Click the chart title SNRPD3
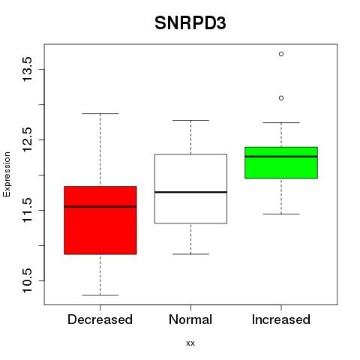190,23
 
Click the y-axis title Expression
7,174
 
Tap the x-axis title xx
190,343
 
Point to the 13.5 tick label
27,69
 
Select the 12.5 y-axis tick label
27,139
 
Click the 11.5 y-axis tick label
27,210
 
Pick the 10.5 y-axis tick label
27,280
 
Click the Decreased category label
100,319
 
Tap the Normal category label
190,319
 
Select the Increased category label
281,319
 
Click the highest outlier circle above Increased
281,54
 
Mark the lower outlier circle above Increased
281,98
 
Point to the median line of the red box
100,206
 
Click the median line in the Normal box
190,192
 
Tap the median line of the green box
281,157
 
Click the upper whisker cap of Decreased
100,113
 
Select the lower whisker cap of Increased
281,214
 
